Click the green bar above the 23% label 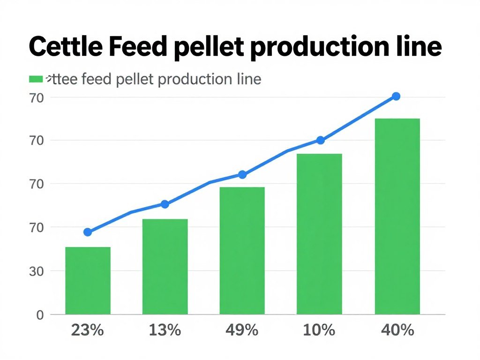point(88,280)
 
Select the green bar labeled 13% point(165,266)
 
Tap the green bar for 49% point(242,250)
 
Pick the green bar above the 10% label point(319,233)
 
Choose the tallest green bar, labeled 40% point(397,216)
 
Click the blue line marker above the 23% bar point(88,232)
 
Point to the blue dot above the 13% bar point(165,204)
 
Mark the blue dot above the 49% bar point(242,174)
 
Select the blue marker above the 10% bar point(320,140)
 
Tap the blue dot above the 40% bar point(396,96)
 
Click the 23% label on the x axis point(87,330)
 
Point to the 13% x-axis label point(165,330)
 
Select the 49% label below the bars point(242,330)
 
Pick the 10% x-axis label point(319,330)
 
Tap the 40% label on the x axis point(397,330)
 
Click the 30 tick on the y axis point(37,271)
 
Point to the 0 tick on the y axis point(40,315)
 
